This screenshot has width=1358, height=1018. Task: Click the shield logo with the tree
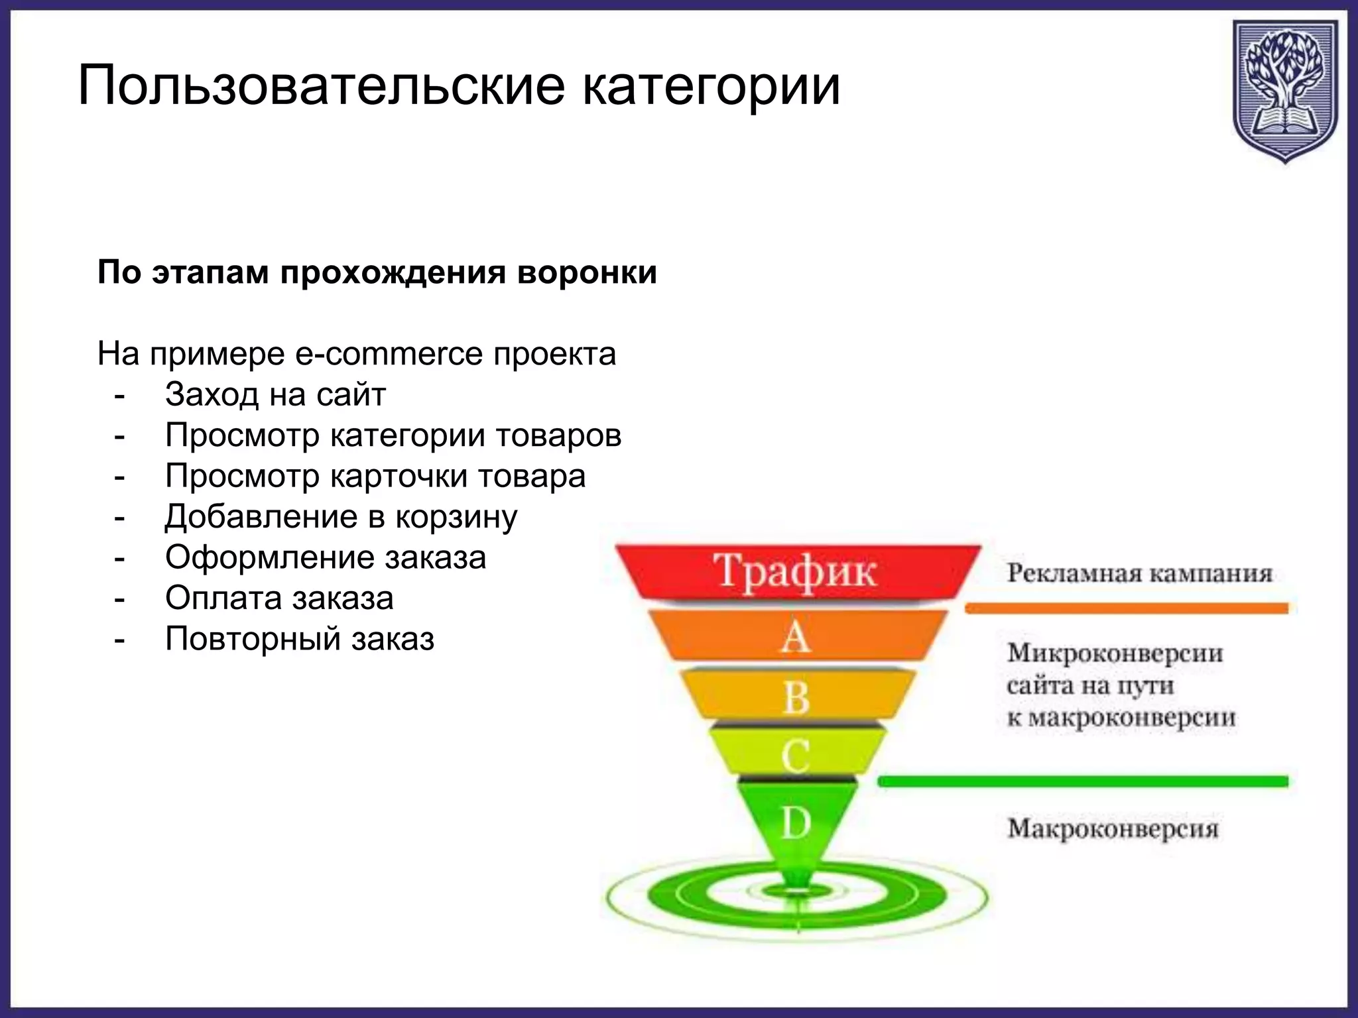[x=1284, y=89]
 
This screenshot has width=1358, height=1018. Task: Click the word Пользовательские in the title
[x=321, y=85]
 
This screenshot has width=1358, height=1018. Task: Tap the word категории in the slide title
[x=711, y=85]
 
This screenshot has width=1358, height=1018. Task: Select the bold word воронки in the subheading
[x=587, y=272]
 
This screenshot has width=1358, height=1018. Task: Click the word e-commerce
[x=389, y=354]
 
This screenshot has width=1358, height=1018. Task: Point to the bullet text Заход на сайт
[x=275, y=395]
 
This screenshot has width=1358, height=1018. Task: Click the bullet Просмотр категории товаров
[x=393, y=435]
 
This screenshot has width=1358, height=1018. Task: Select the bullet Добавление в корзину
[x=341, y=517]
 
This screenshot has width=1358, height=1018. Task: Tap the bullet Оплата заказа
[x=279, y=598]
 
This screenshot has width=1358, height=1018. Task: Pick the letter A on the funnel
[x=795, y=638]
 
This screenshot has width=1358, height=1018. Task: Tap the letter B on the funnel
[x=796, y=697]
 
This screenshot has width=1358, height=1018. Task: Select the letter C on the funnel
[x=795, y=756]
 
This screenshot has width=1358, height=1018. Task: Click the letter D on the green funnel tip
[x=796, y=823]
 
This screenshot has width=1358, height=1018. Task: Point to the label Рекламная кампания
[x=1140, y=573]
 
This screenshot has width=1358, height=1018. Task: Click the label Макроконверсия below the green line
[x=1113, y=828]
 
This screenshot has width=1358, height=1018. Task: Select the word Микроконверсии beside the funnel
[x=1115, y=653]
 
